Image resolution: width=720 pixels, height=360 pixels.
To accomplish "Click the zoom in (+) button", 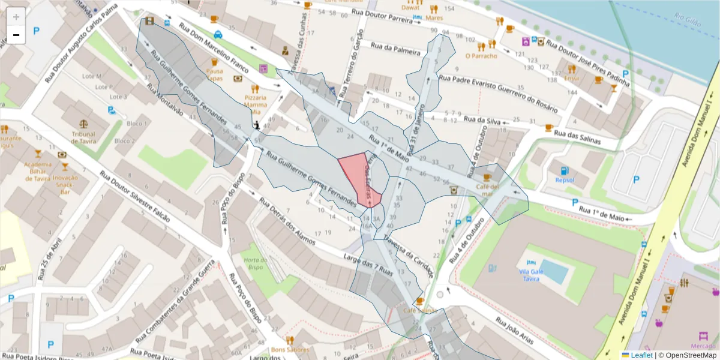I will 16,17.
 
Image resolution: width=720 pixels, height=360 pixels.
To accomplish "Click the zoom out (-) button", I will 16,35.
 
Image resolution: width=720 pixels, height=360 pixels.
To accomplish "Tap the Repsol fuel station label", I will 564,179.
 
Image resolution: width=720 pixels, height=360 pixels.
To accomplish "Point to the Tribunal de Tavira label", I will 83,138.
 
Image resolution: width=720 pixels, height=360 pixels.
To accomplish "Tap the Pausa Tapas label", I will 214,74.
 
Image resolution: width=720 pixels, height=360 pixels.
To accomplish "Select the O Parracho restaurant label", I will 481,56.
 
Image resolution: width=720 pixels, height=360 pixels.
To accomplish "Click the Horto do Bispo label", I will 255,263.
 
